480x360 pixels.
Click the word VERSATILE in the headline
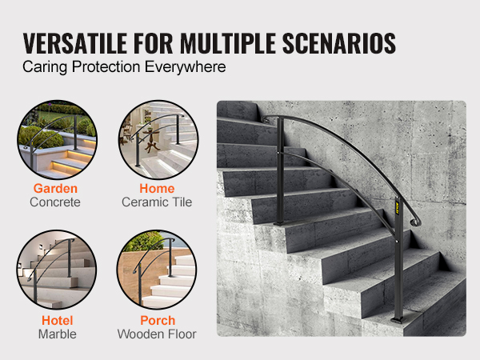(74, 43)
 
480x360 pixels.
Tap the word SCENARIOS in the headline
(339, 43)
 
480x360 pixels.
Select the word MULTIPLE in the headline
(228, 43)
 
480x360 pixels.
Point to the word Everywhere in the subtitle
(186, 66)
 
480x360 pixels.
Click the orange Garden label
(55, 188)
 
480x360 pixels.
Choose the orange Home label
(157, 188)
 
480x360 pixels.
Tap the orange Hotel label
(58, 321)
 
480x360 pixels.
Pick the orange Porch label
(158, 321)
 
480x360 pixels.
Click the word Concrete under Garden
(55, 202)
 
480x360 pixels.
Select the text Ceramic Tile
(157, 202)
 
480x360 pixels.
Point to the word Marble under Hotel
(58, 334)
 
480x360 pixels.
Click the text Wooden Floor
(157, 334)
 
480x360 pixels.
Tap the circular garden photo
(58, 139)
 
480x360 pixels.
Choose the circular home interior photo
(158, 139)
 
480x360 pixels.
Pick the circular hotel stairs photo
(57, 270)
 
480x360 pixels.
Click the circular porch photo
(157, 270)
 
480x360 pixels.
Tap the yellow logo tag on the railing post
(397, 207)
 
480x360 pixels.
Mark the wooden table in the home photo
(152, 140)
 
